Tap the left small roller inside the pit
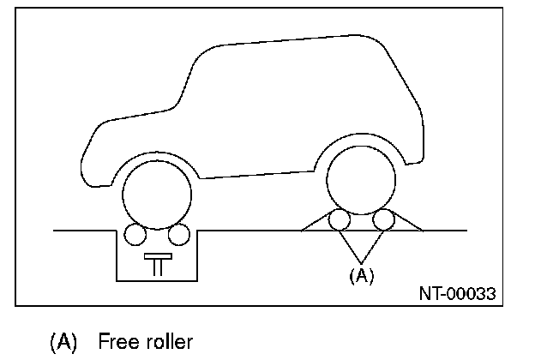[135, 234]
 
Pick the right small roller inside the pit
[178, 234]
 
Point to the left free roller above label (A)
[340, 220]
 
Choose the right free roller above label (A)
[383, 220]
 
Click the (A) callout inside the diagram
[361, 275]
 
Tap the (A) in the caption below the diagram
[64, 342]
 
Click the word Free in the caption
[117, 342]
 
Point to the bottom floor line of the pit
[158, 279]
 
